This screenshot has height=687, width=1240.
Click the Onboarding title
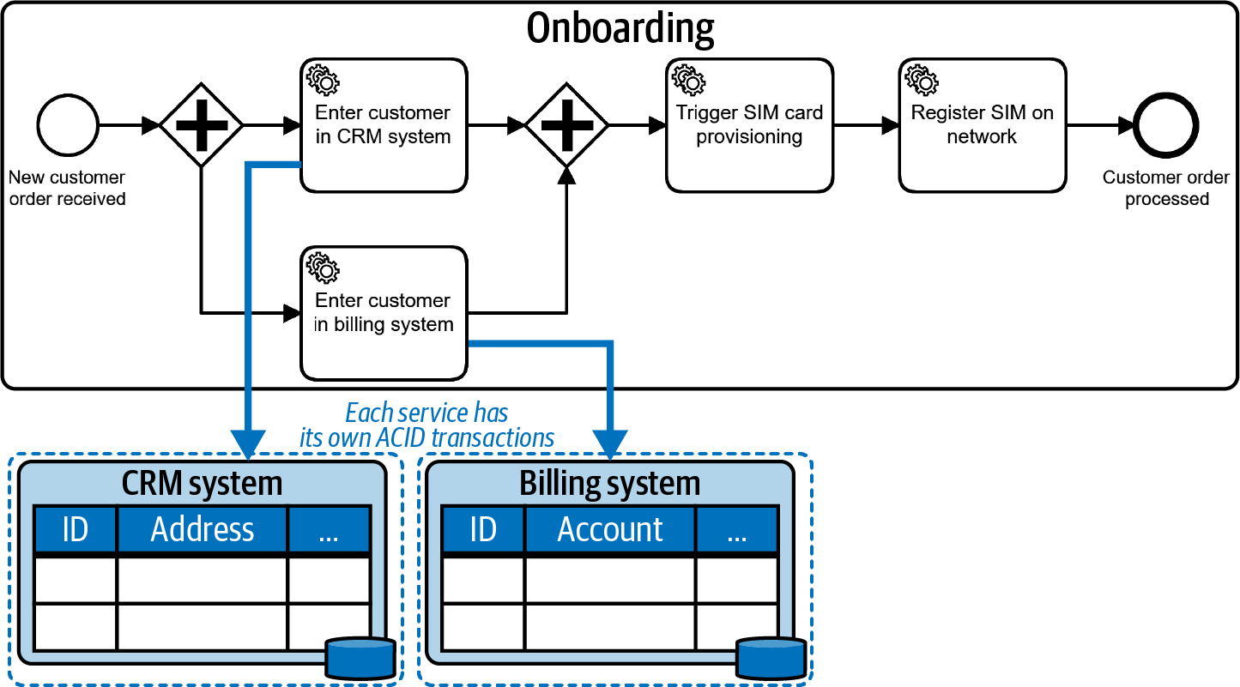click(x=620, y=27)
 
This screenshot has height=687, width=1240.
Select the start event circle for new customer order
click(x=67, y=125)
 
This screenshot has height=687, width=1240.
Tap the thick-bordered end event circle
click(x=1165, y=125)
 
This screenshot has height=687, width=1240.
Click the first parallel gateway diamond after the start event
click(x=202, y=125)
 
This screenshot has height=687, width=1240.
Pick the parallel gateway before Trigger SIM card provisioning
click(x=566, y=125)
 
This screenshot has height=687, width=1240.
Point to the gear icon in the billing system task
click(x=324, y=268)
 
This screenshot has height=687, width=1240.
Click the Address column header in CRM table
click(x=202, y=529)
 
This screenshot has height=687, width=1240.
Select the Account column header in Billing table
click(x=610, y=529)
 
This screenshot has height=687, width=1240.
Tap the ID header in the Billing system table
click(x=483, y=529)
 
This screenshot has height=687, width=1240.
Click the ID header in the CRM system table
click(x=75, y=529)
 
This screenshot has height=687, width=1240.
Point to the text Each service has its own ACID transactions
click(x=426, y=425)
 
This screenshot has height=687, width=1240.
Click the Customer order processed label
click(x=1165, y=189)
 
